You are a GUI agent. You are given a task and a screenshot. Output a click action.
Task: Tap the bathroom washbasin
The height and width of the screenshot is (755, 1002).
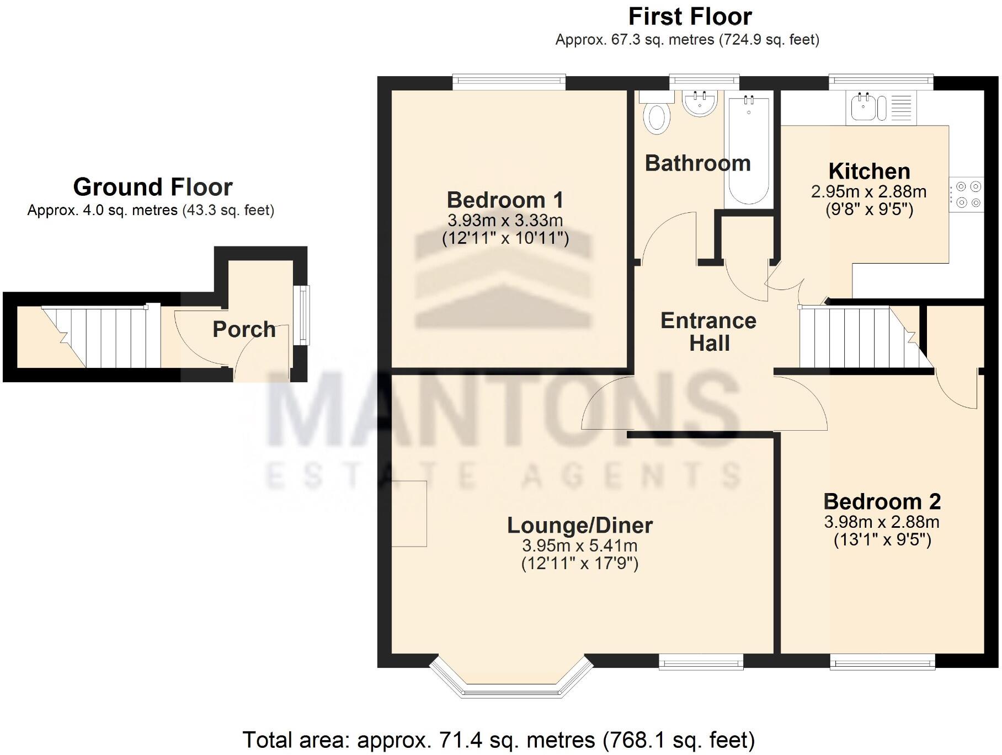700,103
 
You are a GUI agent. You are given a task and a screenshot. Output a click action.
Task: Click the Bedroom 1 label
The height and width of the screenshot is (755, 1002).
505,200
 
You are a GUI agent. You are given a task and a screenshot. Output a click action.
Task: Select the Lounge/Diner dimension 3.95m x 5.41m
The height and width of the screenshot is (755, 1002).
579,546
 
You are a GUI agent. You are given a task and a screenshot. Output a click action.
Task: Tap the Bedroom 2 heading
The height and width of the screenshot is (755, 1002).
882,501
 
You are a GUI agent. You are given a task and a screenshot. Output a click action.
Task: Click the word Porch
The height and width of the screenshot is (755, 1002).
244,329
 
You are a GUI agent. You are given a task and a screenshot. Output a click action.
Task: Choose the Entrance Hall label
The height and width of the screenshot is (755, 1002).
708,331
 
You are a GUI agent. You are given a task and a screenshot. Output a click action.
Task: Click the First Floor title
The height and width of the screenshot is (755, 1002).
690,17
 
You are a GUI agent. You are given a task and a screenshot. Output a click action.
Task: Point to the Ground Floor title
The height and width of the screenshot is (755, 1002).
153,187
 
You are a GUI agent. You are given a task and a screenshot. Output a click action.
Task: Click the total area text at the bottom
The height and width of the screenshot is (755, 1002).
498,740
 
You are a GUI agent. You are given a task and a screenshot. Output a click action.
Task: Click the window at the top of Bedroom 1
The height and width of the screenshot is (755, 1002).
509,82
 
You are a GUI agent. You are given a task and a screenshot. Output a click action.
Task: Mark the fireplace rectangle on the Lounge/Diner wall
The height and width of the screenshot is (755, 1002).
409,513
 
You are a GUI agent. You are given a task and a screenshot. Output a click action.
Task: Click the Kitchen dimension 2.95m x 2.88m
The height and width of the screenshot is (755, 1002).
868,192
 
